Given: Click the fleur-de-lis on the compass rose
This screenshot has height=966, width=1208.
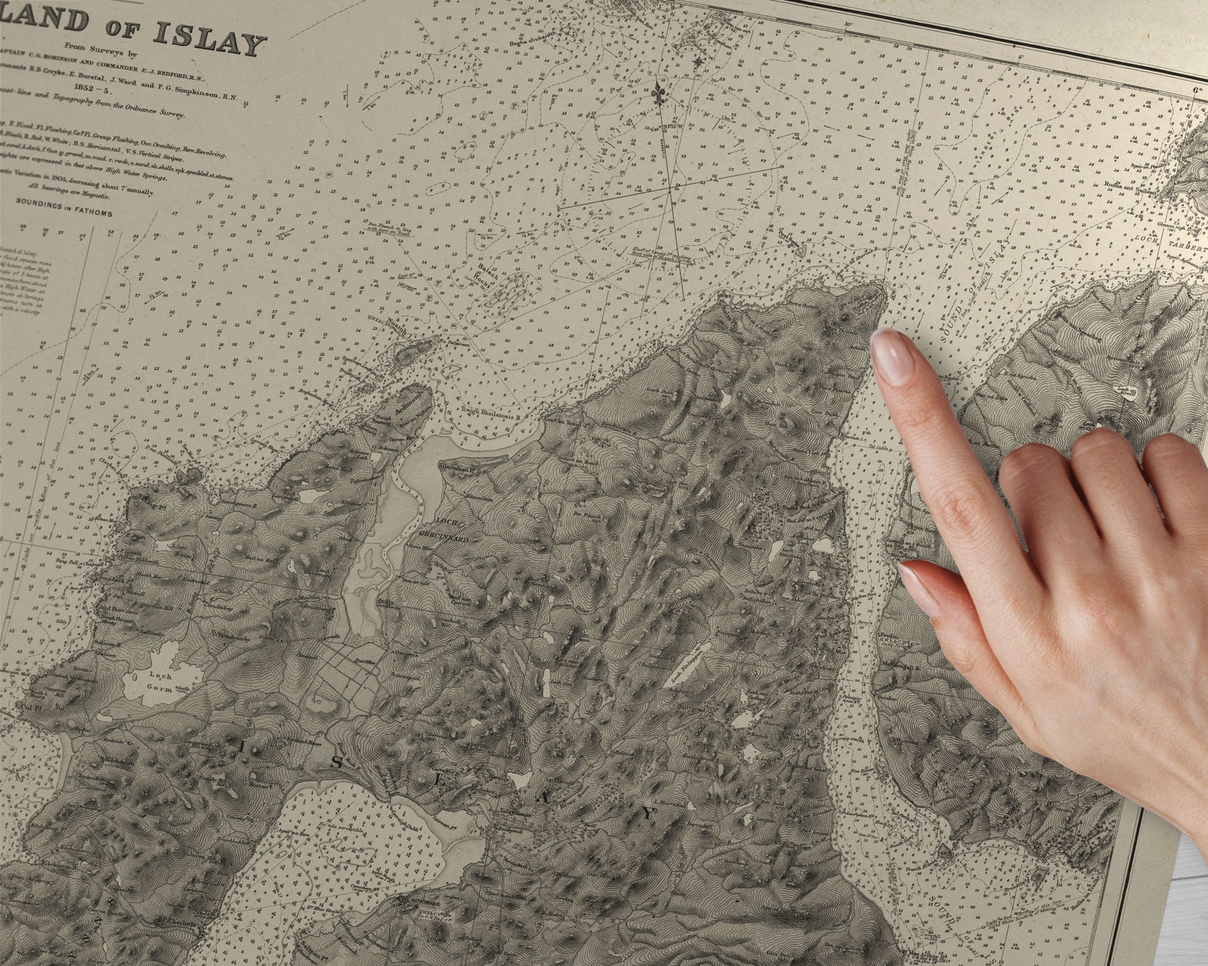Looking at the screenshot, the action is [x=659, y=94].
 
